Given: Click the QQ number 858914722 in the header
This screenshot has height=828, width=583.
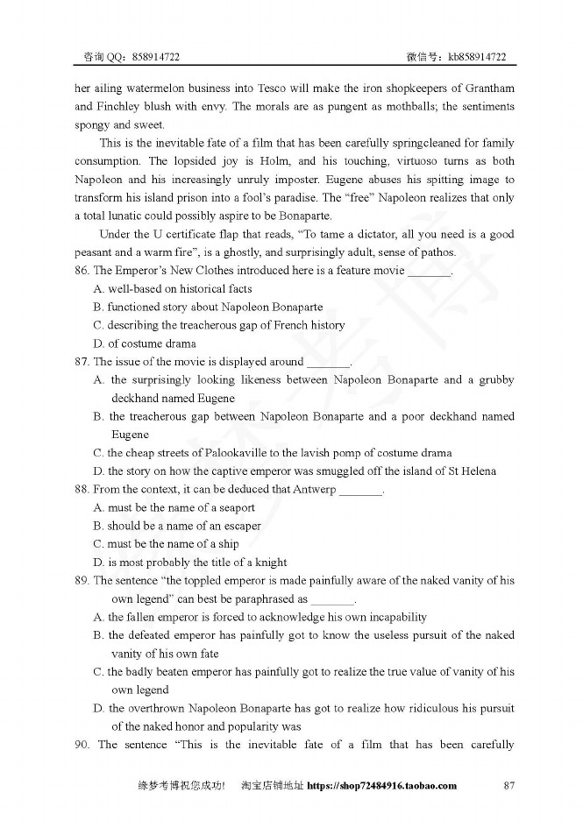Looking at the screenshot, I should [157, 57].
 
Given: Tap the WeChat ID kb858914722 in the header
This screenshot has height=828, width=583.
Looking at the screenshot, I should [477, 57].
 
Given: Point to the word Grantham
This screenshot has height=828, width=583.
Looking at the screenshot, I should [486, 88].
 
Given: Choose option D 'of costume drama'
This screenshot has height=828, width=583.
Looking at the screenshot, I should [145, 343].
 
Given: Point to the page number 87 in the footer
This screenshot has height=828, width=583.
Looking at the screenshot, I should [508, 786].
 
